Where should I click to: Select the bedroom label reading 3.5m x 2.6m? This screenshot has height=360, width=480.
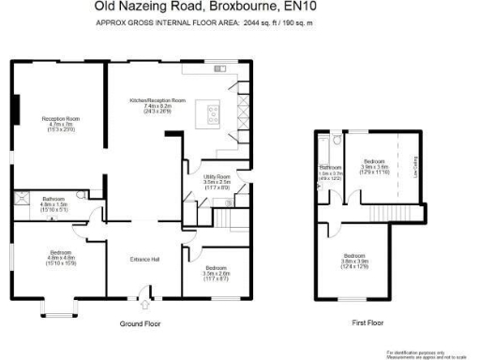[217, 272]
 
